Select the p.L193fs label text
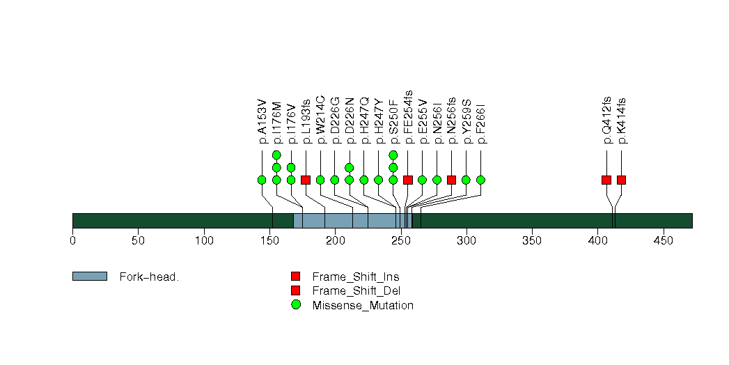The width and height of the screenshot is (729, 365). (306, 120)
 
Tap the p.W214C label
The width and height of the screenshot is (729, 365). (320, 119)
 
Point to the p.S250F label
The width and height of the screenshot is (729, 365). (393, 120)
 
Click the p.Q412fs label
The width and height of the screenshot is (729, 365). (606, 120)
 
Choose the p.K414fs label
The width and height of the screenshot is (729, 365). (621, 120)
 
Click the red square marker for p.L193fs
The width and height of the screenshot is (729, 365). (306, 180)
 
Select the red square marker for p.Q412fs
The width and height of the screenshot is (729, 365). (606, 180)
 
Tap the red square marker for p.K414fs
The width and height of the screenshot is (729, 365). (621, 180)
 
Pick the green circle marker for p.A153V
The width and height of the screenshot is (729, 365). (262, 180)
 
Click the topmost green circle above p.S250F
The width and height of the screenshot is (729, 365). (393, 155)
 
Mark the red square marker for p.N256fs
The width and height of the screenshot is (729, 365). (451, 180)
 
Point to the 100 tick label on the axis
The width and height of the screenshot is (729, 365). (204, 241)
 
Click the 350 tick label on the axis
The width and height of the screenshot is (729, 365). (532, 241)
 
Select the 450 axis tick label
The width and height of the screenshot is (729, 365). (664, 241)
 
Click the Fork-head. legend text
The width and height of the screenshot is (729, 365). (149, 277)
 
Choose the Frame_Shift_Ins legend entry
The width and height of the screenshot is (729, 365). (355, 277)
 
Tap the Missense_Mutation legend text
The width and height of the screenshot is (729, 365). (363, 305)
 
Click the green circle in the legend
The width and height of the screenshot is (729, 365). (296, 305)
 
